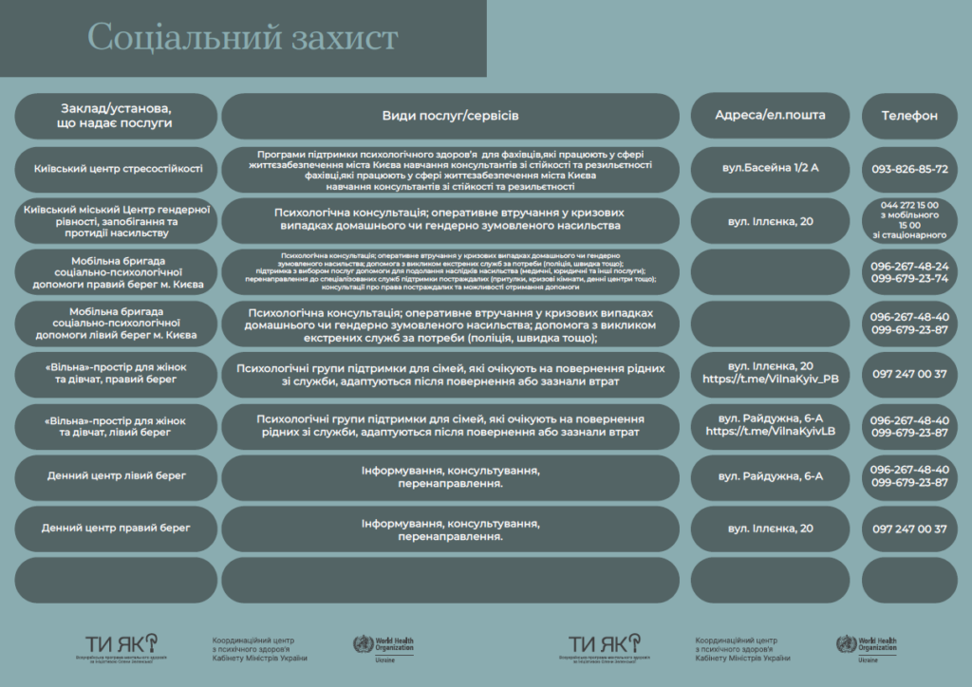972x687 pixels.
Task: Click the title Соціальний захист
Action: coord(242,38)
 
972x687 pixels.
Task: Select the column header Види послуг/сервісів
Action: coord(450,116)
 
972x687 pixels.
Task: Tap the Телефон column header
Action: coord(909,116)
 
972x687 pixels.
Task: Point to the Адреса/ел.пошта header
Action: coord(770,116)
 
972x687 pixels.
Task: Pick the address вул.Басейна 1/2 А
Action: coord(770,168)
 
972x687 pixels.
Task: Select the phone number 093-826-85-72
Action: coord(909,170)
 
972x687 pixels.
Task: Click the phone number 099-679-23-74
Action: coord(909,279)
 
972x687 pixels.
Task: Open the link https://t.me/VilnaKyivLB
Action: coord(770,432)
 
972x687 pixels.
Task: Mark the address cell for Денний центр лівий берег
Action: coord(770,475)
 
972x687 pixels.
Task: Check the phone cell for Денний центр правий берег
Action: coord(909,529)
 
